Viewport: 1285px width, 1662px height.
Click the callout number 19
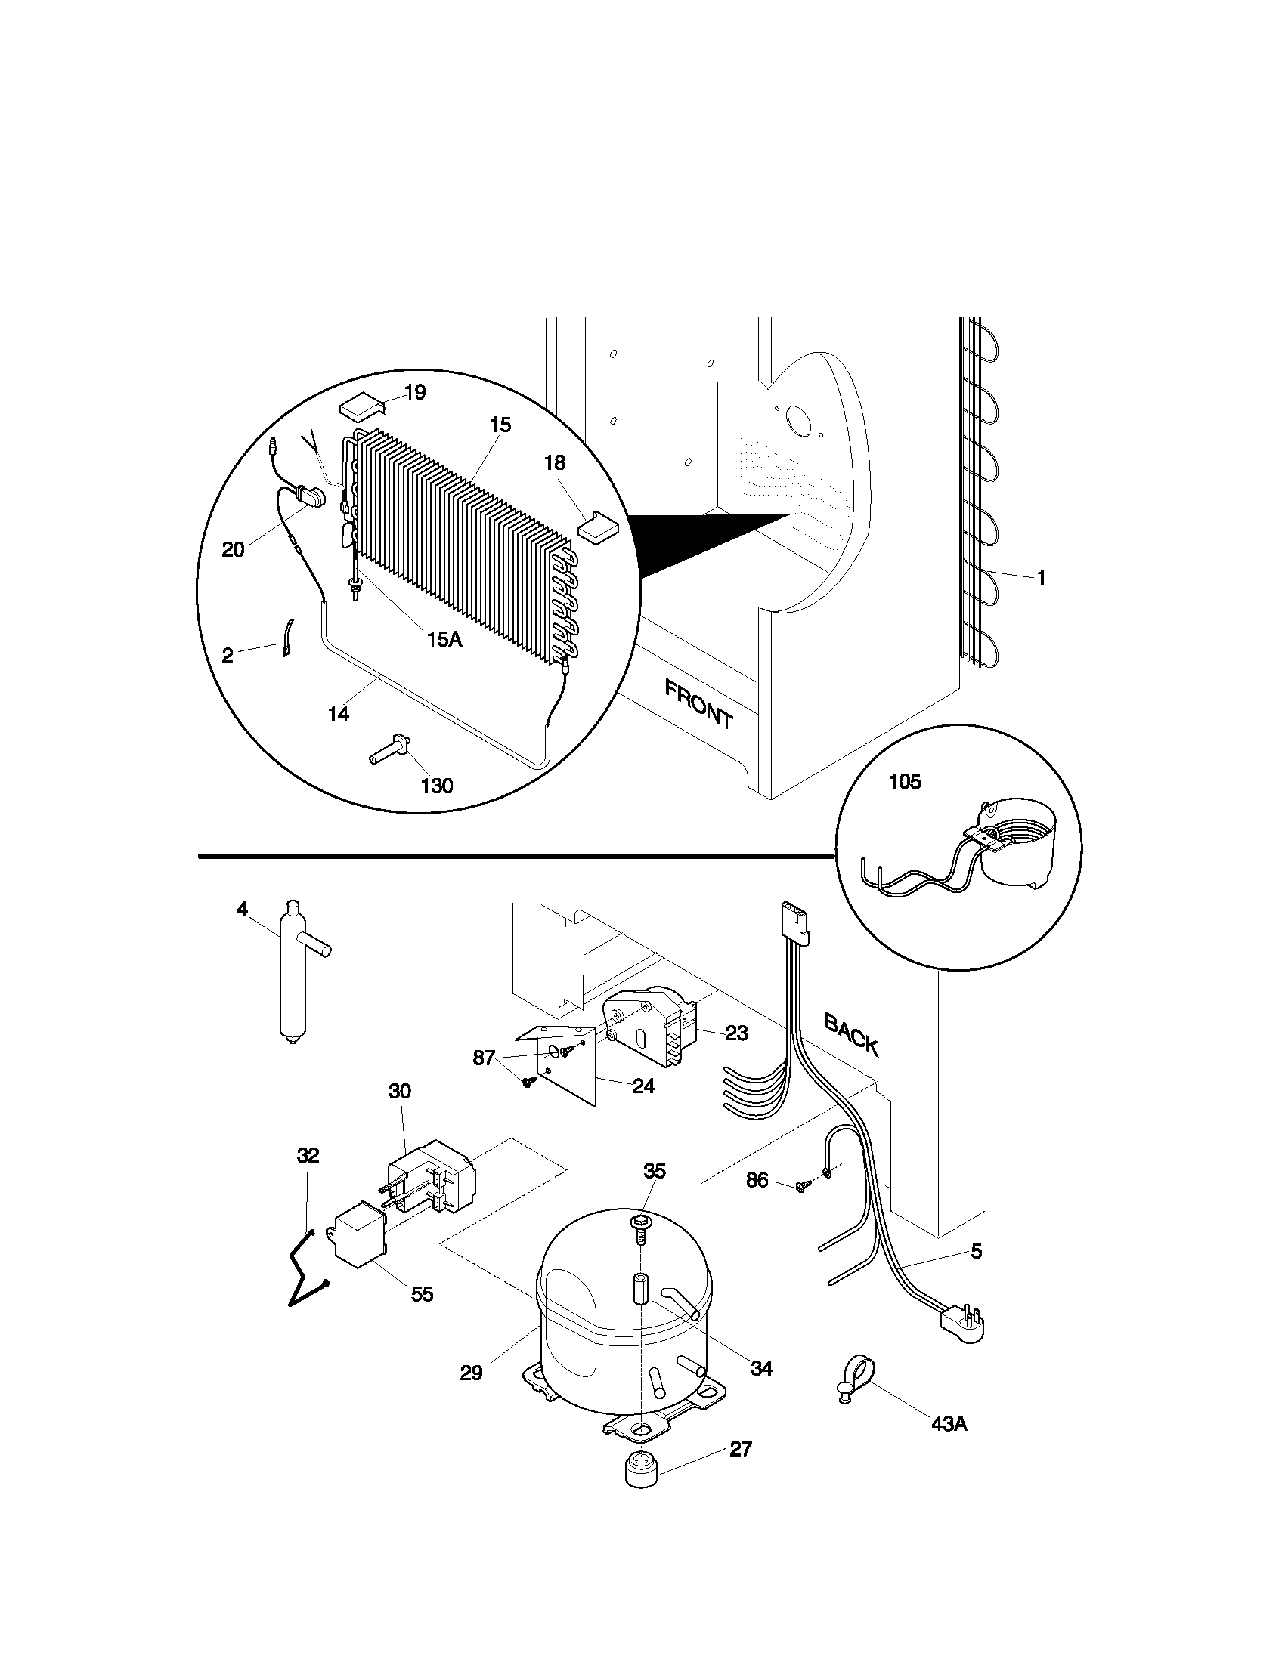[415, 393]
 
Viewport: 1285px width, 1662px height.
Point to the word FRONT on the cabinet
[699, 705]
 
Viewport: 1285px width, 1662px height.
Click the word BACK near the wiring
[852, 1034]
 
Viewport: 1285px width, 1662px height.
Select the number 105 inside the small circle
[904, 782]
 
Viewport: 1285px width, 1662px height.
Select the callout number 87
[485, 1058]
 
